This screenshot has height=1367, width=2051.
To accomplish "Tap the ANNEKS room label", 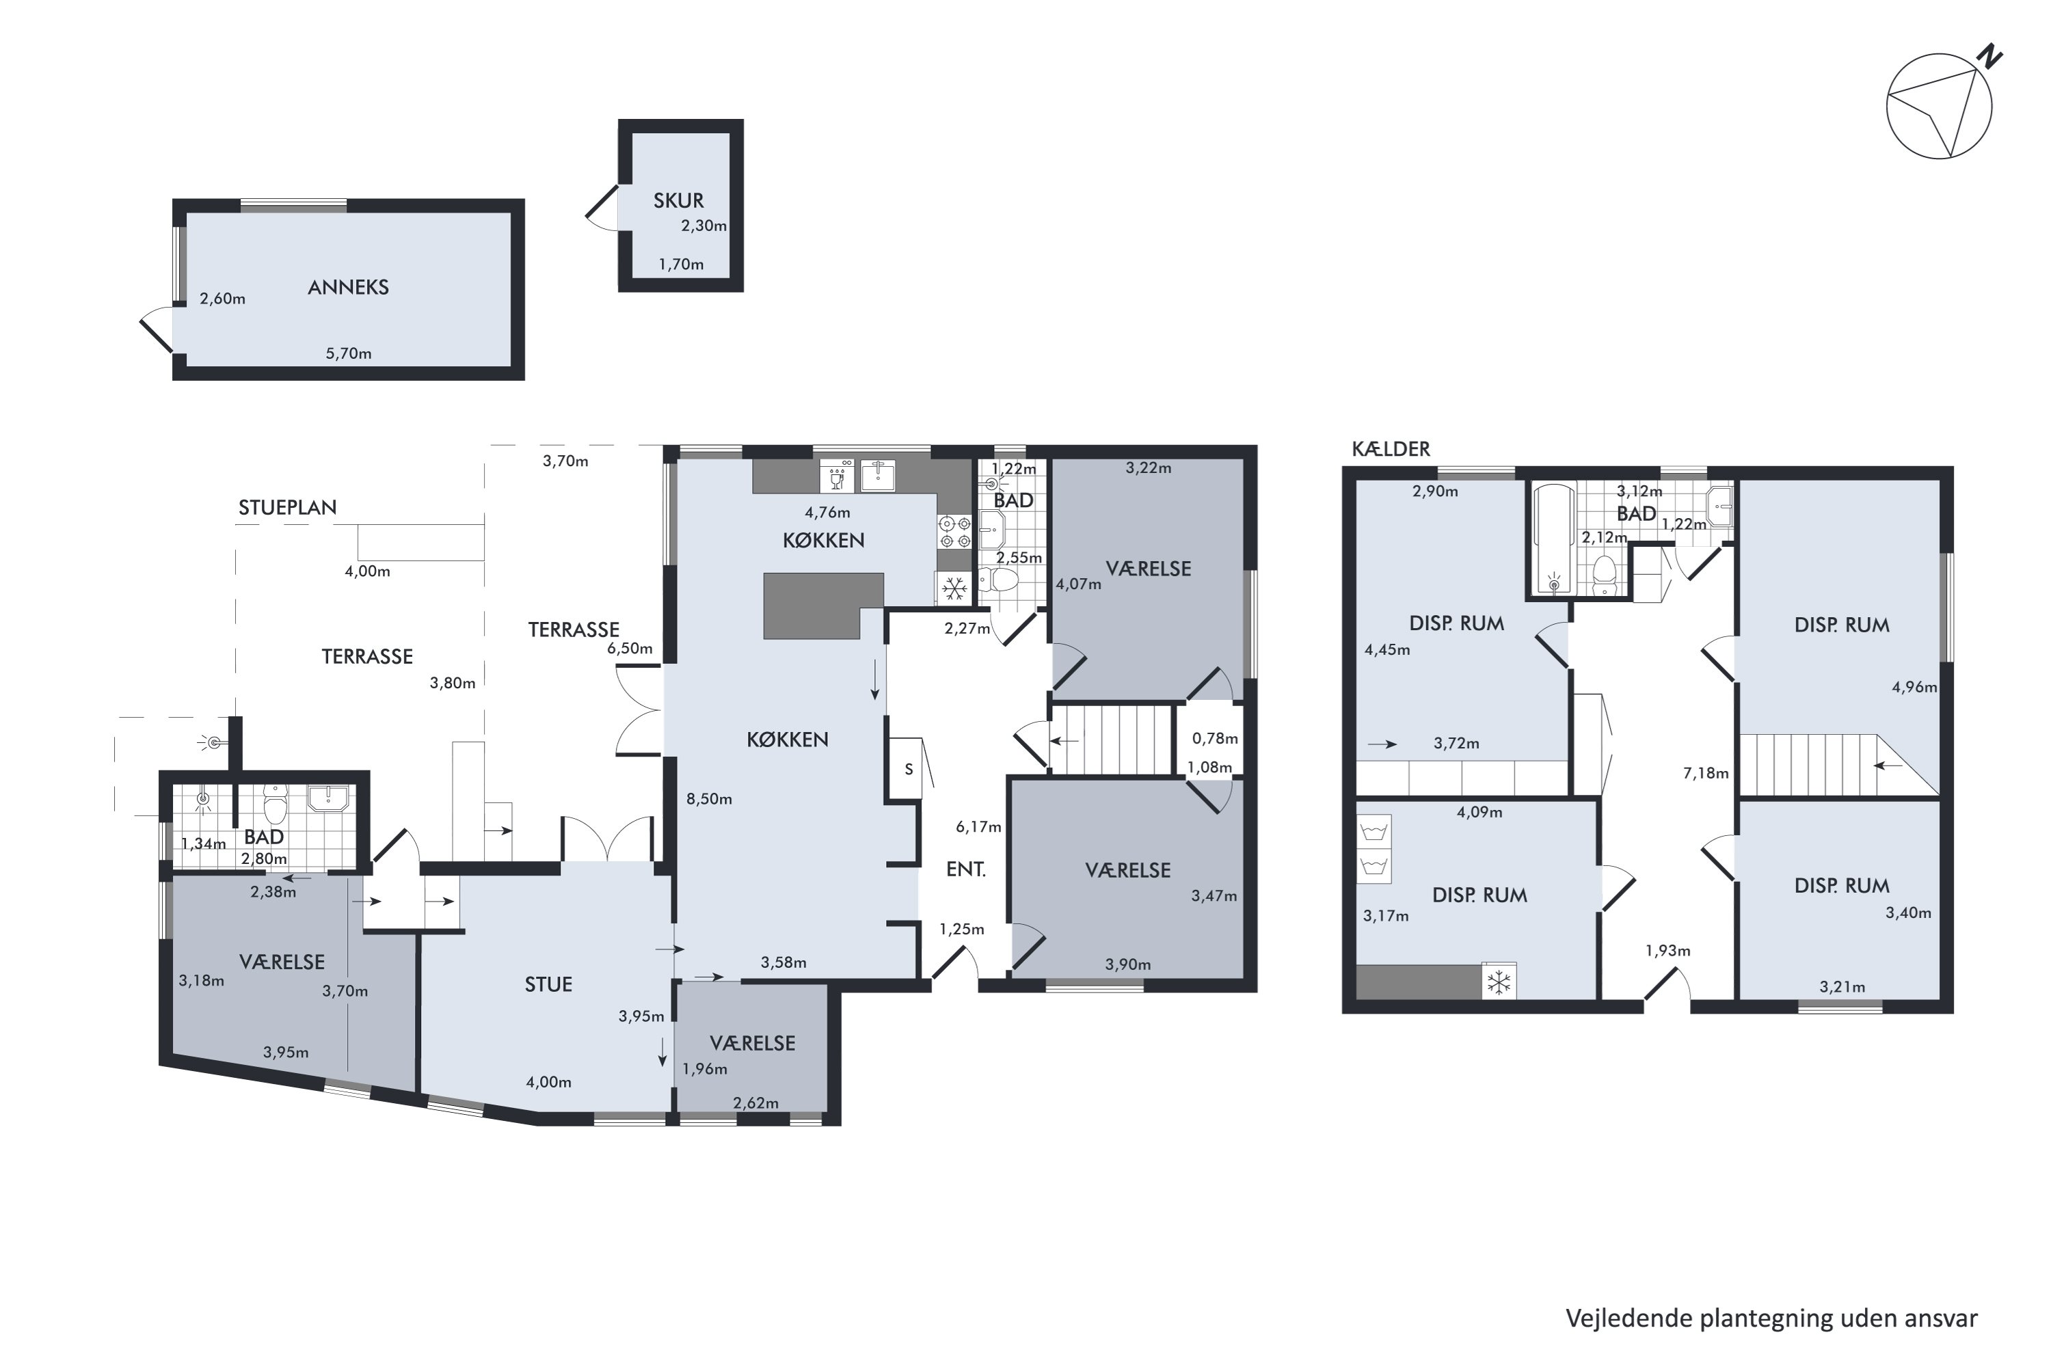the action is [x=348, y=287].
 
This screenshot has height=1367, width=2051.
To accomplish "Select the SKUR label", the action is [x=678, y=200].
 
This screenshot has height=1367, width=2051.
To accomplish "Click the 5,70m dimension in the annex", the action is [x=349, y=353].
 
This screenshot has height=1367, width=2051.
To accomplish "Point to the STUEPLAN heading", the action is [x=288, y=507].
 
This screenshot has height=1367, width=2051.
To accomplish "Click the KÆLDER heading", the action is [x=1391, y=449].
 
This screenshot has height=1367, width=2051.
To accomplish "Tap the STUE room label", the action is [x=548, y=984].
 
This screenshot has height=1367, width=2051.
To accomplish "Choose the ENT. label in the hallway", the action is [x=966, y=869].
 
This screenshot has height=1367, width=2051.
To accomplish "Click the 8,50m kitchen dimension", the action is [x=709, y=798].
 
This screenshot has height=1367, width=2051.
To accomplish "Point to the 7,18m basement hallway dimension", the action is [x=1706, y=772].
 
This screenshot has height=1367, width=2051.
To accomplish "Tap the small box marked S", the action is [x=909, y=769].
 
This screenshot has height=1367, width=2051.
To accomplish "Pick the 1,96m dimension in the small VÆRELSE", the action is [x=705, y=1069].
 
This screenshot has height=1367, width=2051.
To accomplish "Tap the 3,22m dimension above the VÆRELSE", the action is [x=1149, y=468].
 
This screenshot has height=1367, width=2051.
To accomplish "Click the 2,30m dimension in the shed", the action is [x=703, y=226].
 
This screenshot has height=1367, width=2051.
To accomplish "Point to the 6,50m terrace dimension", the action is [x=630, y=649].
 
